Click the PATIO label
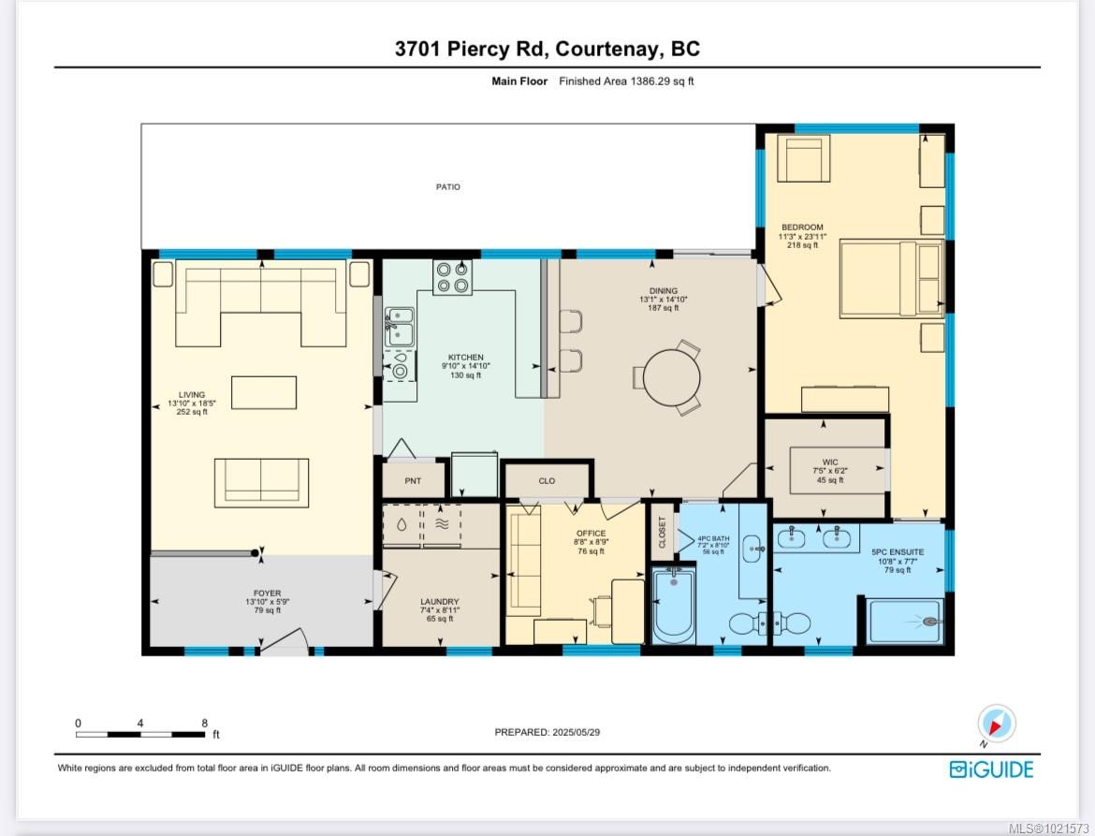448,187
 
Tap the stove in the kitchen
452,277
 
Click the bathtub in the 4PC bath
672,608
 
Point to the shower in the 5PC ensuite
904,622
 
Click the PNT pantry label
413,481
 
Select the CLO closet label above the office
547,481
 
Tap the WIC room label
830,462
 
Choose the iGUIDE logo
991,770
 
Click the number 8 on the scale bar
204,723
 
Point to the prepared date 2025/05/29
574,732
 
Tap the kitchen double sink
398,327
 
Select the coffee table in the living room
264,392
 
